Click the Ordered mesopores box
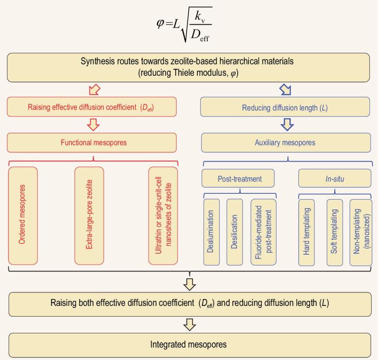tap(23, 215)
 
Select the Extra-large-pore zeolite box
tap(89, 215)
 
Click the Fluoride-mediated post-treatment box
tap(263, 232)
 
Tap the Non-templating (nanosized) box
tap(360, 232)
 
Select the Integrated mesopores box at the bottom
tap(189, 345)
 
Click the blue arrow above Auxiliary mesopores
tap(285, 124)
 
